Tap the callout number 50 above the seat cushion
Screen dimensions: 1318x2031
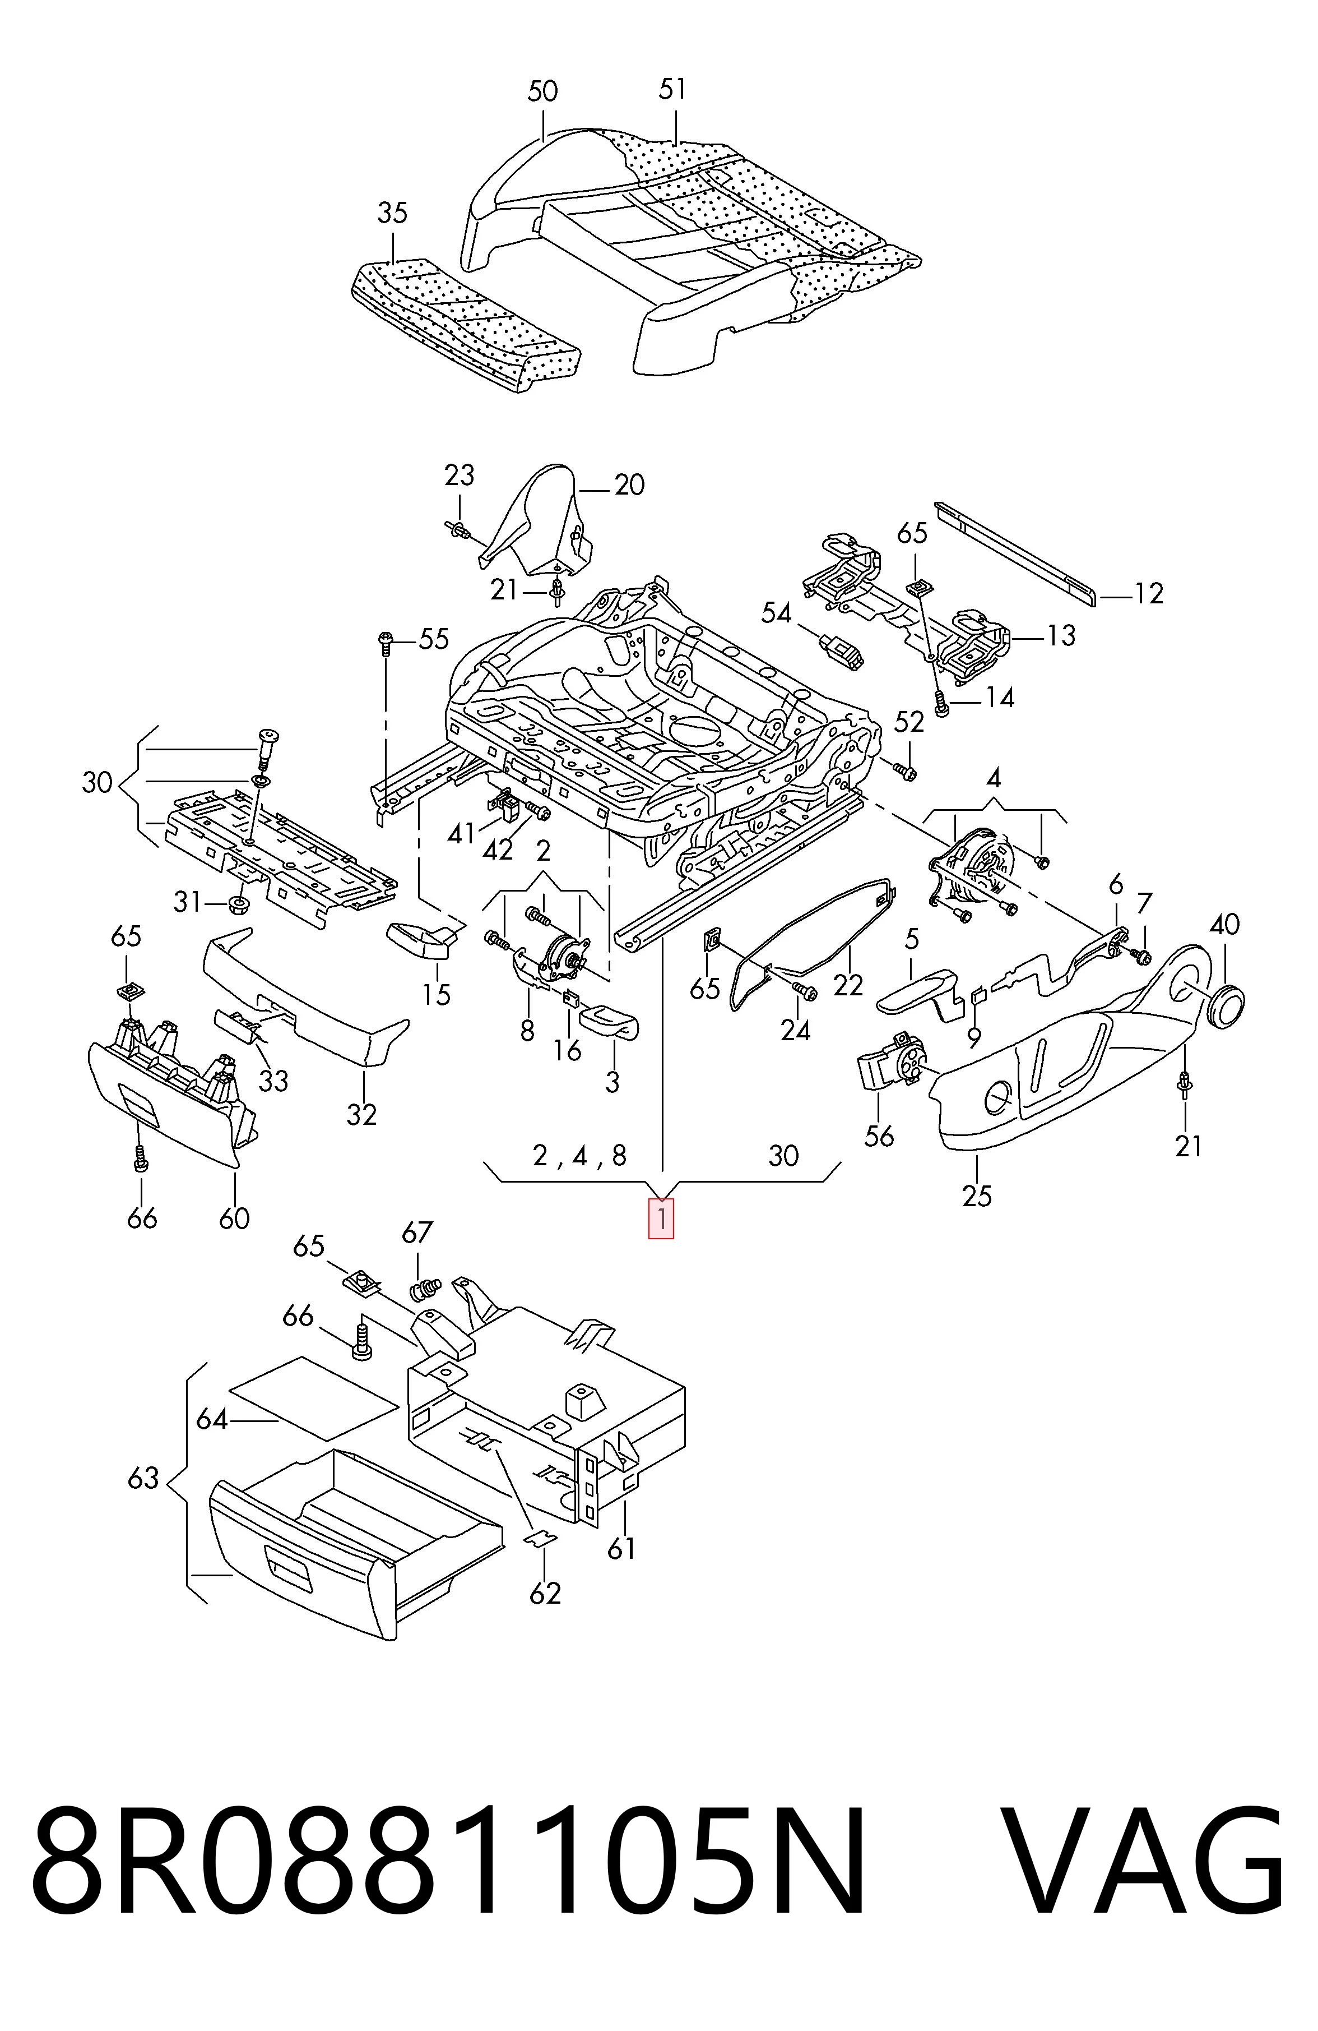542,91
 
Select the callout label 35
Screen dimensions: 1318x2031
392,213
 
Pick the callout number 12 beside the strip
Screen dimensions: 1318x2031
1148,593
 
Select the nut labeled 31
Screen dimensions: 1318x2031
238,902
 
